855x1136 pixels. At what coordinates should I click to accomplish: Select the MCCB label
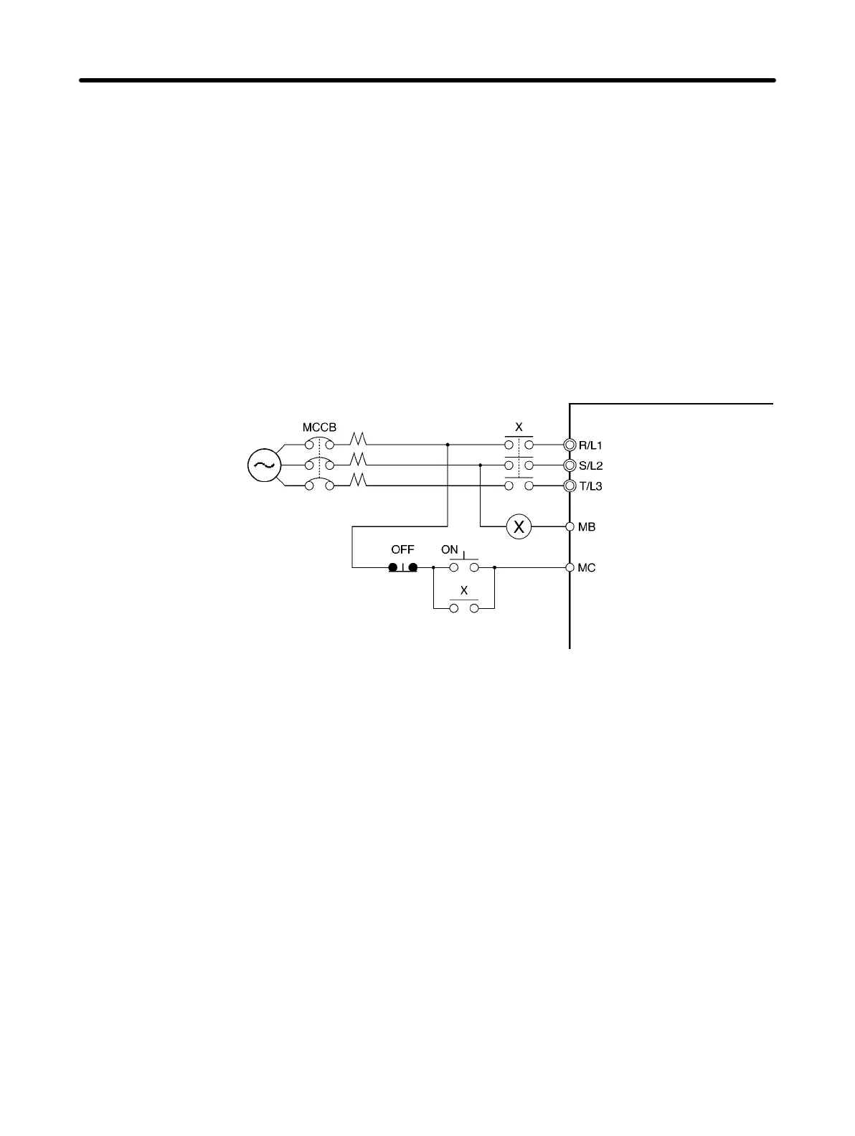(319, 427)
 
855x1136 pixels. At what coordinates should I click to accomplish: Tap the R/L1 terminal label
(590, 445)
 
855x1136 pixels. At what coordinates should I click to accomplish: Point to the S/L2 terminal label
(590, 465)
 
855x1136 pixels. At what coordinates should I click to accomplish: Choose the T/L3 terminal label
(590, 486)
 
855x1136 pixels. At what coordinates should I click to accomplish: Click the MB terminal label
(587, 527)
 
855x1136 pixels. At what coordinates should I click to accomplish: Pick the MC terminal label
(587, 568)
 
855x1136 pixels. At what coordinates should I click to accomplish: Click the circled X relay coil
(519, 527)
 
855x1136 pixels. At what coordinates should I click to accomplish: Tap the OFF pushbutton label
(402, 550)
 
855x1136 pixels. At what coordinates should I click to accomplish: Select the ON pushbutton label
(450, 550)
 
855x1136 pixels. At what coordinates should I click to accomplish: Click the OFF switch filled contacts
(403, 568)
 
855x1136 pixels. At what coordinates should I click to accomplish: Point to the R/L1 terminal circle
(570, 445)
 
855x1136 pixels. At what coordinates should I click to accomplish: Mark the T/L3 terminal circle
(570, 486)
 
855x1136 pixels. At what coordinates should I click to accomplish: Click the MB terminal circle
(570, 527)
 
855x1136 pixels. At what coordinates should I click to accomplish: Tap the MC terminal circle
(570, 568)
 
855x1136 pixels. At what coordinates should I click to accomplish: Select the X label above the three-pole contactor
(519, 427)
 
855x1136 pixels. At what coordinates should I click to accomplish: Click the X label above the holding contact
(464, 591)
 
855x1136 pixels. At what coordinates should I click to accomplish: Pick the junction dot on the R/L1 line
(448, 445)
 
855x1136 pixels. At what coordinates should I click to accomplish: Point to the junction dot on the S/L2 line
(480, 465)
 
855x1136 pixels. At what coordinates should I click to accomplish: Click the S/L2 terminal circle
(570, 465)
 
